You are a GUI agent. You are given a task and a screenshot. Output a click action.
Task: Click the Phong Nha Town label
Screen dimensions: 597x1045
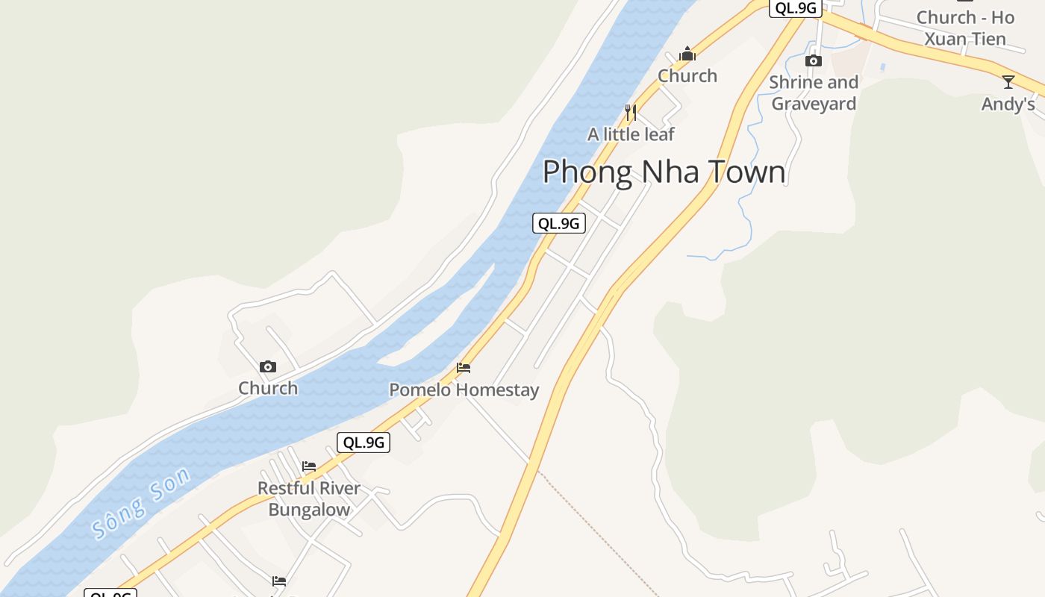[x=664, y=172]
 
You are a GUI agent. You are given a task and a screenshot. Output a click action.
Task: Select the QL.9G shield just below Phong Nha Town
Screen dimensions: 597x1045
[x=558, y=223]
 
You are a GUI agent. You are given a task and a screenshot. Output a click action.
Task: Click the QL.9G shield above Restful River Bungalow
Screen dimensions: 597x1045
[x=364, y=443]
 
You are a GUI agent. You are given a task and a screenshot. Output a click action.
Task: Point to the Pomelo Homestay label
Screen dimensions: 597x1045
[x=464, y=390]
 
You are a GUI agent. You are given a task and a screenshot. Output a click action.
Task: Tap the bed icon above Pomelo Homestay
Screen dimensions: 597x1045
[x=464, y=368]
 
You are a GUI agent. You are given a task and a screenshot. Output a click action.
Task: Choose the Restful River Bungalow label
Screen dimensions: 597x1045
[x=309, y=498]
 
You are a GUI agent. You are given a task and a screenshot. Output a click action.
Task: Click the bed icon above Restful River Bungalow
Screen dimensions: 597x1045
[x=309, y=466]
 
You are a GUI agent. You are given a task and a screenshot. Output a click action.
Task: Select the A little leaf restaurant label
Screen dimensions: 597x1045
[x=631, y=134]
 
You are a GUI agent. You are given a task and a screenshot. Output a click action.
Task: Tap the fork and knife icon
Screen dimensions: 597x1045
[x=631, y=113]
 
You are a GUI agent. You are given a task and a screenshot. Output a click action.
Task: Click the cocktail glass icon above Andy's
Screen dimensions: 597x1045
[x=1008, y=82]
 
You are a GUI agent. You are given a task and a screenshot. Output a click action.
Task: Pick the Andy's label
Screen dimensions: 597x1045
[x=1008, y=104]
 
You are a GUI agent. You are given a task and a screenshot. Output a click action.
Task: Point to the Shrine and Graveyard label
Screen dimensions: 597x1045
[x=814, y=93]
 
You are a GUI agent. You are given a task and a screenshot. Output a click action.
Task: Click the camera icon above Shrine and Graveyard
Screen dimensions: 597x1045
[x=814, y=60]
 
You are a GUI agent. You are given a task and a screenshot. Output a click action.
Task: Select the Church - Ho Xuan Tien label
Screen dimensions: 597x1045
[x=965, y=28]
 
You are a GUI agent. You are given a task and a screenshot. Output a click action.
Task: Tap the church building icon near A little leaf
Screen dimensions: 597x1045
[x=687, y=54]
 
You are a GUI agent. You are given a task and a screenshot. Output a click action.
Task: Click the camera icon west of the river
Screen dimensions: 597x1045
[x=268, y=366]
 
